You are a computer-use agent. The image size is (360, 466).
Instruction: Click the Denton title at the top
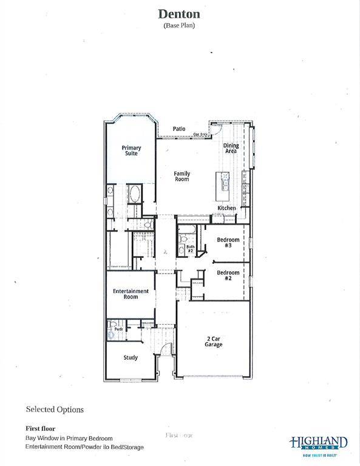click(179, 13)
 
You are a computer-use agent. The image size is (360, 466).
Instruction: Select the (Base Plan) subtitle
click(179, 25)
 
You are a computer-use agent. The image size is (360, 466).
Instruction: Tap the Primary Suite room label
click(131, 150)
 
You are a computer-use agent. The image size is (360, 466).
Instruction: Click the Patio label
click(178, 129)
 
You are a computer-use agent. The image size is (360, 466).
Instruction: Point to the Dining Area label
click(231, 148)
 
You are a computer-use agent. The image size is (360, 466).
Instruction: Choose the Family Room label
click(182, 177)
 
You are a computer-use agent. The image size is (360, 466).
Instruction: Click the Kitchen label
click(227, 208)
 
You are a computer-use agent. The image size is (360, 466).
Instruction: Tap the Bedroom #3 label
click(228, 243)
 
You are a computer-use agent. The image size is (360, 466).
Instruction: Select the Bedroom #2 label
click(228, 275)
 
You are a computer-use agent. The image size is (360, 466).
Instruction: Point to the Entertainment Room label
click(131, 294)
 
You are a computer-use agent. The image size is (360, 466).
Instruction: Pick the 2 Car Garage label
click(213, 342)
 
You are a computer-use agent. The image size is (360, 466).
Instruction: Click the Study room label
click(131, 357)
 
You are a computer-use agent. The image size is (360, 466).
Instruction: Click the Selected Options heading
click(55, 410)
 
